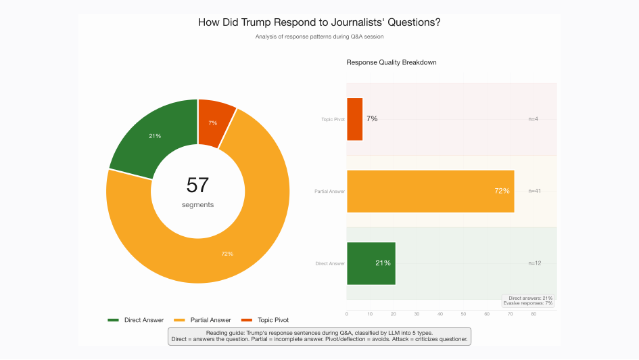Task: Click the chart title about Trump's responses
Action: (319, 22)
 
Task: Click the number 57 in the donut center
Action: (197, 185)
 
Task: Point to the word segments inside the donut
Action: (197, 204)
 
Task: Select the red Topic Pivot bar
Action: (354, 119)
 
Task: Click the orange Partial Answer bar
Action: (430, 191)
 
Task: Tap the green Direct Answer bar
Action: (371, 263)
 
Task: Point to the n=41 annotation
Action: (534, 191)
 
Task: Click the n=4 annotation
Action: (533, 119)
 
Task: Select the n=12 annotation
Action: (534, 263)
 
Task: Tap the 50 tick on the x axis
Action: (463, 314)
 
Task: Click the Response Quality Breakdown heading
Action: (392, 62)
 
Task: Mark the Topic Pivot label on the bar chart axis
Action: (333, 119)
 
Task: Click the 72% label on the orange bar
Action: (502, 191)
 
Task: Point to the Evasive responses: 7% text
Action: (528, 303)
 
